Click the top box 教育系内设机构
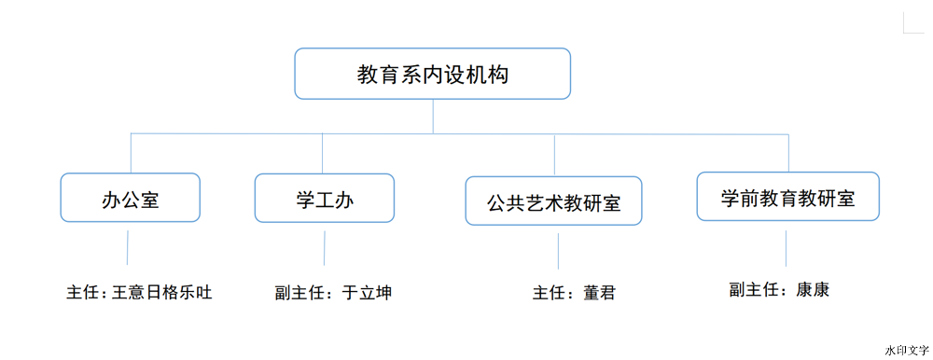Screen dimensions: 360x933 click(433, 75)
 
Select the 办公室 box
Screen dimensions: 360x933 click(131, 198)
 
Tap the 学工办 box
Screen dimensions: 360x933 click(324, 199)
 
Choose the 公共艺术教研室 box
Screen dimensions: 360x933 click(554, 201)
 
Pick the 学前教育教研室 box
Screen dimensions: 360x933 click(788, 197)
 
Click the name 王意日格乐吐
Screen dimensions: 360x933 click(162, 293)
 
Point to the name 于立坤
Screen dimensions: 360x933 click(367, 293)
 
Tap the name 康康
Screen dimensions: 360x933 click(813, 290)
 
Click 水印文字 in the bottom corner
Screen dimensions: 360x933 click(906, 349)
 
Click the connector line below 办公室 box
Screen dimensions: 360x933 click(128, 248)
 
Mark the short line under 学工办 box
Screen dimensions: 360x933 click(325, 248)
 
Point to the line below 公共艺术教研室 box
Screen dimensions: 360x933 click(558, 251)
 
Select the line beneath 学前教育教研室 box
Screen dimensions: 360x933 click(786, 247)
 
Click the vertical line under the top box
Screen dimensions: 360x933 click(433, 116)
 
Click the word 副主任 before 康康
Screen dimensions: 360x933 click(754, 290)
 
